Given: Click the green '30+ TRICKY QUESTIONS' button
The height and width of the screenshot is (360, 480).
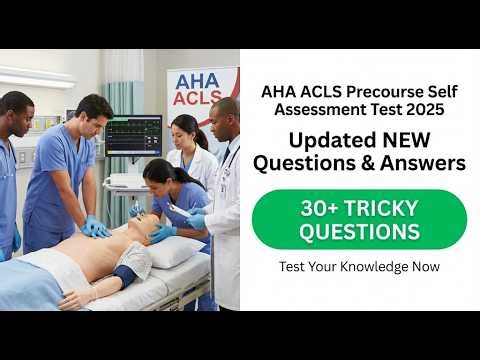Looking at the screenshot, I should point(359,219).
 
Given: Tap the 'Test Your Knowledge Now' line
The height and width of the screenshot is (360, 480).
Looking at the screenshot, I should point(359,267).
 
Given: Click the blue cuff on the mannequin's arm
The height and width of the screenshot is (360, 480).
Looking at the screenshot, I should point(125,276).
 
